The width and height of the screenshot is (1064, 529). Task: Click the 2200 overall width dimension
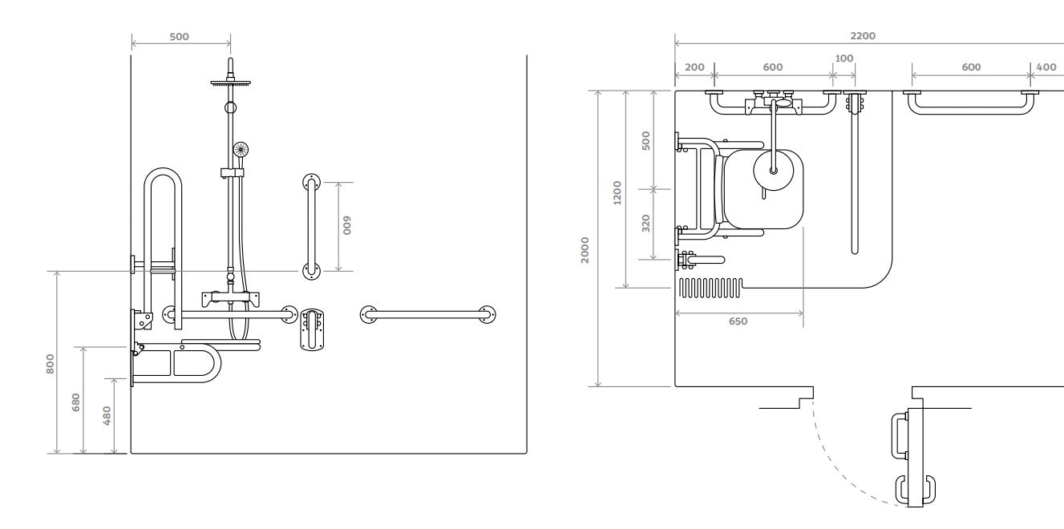tap(863, 35)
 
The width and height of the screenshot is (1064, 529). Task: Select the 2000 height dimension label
tap(585, 248)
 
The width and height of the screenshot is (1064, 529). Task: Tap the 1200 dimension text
tap(617, 192)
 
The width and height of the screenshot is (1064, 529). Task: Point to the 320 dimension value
tap(646, 223)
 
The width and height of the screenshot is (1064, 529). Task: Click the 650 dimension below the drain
tap(738, 321)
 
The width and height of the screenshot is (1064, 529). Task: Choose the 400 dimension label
tap(1046, 67)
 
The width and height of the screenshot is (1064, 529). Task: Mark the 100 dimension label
tap(844, 58)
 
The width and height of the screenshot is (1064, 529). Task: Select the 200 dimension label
tap(694, 67)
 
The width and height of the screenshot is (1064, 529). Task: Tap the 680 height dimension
tap(76, 401)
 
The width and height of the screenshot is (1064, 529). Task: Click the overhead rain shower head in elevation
tap(230, 82)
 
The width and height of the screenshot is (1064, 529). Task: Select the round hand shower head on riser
tap(241, 149)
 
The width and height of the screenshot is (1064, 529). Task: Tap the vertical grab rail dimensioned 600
tap(311, 226)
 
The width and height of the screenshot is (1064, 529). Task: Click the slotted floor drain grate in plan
tap(710, 287)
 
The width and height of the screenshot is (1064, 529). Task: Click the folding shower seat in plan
tap(762, 190)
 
